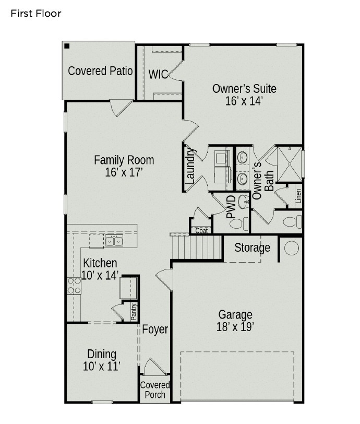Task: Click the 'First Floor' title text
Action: click(35, 14)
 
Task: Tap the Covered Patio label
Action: click(100, 70)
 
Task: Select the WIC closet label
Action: click(158, 74)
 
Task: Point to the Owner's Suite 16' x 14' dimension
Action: click(244, 101)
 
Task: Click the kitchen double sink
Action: click(114, 241)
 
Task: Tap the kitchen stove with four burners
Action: click(74, 285)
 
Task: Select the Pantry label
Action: click(134, 312)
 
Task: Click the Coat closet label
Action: click(201, 230)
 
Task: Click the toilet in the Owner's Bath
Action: click(293, 222)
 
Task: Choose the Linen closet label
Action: click(298, 197)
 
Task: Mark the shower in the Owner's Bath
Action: click(289, 163)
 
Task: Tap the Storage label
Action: click(252, 248)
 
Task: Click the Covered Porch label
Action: click(155, 390)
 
